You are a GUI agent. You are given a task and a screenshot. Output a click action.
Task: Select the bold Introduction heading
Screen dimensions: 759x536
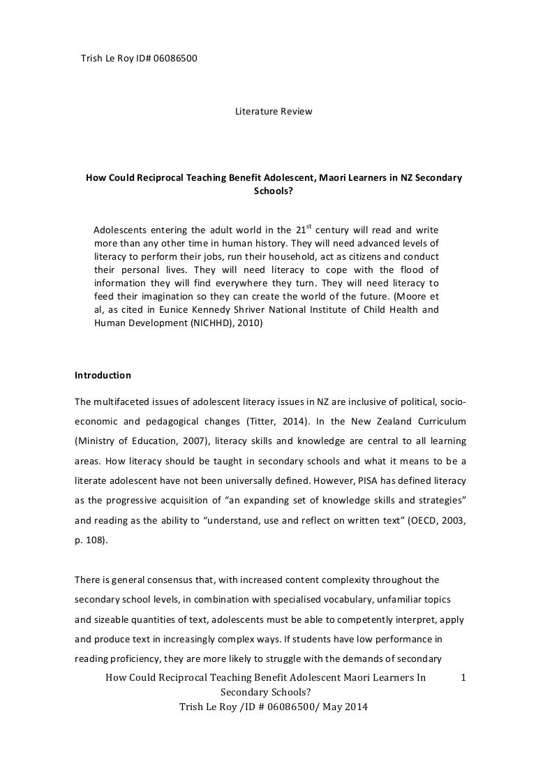pos(103,375)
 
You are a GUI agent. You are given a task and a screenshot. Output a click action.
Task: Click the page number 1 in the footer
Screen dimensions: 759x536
pos(463,678)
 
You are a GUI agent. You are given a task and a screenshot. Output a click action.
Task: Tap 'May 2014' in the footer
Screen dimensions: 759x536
pos(342,706)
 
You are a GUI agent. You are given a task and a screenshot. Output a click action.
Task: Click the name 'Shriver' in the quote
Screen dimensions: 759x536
pos(265,310)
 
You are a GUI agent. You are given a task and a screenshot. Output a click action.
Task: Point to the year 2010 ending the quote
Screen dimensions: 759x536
pos(247,323)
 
